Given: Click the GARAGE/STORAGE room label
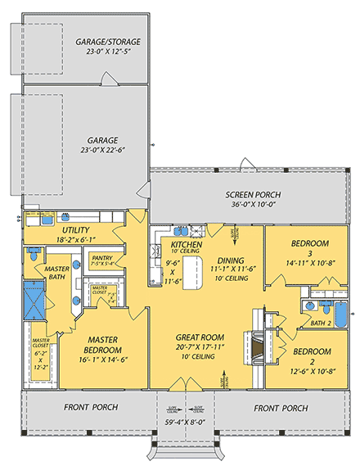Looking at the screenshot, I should point(108,42).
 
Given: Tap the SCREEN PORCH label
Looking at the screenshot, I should point(247,194).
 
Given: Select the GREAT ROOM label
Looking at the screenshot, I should point(200,337).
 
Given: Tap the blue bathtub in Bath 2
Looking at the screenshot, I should point(334,311).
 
